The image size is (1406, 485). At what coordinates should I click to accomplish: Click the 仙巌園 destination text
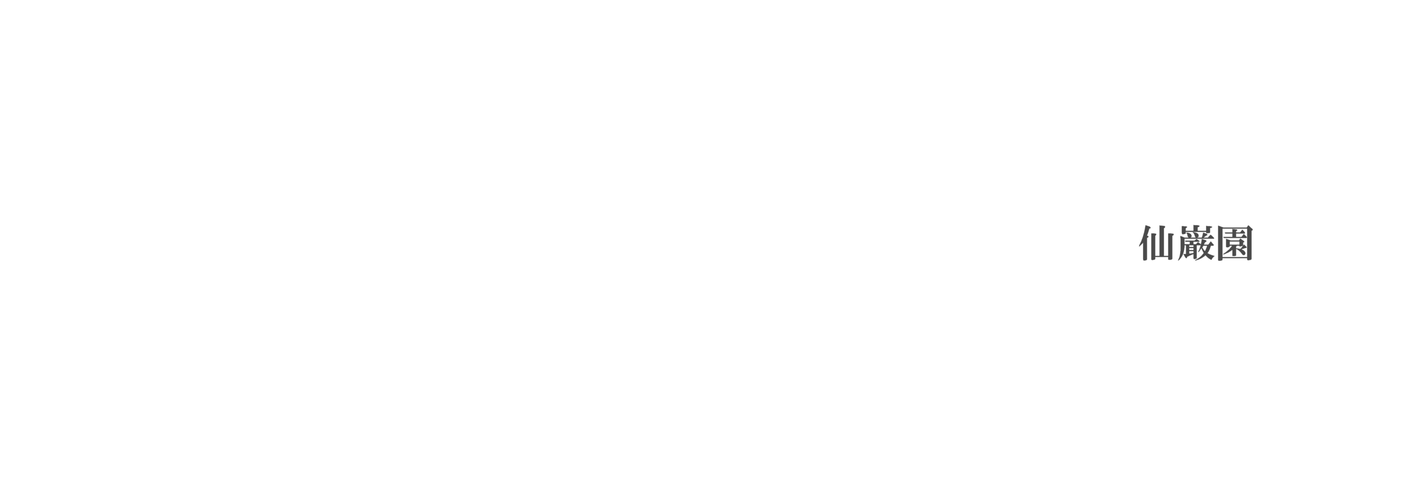[x=1196, y=243]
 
